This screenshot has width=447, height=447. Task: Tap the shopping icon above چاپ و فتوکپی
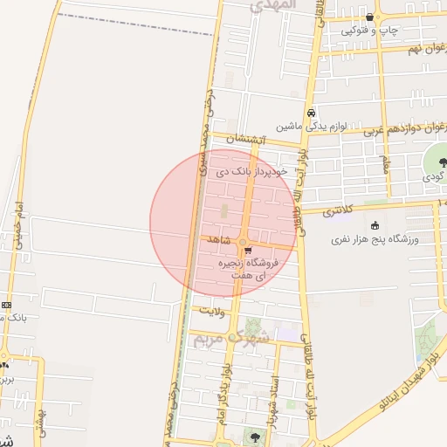371,17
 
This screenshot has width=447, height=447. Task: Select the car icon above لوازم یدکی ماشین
311,113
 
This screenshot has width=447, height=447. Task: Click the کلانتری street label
340,211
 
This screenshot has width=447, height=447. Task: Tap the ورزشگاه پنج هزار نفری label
377,238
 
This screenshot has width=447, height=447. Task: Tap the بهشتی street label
40,421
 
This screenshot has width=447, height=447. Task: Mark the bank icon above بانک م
7,305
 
